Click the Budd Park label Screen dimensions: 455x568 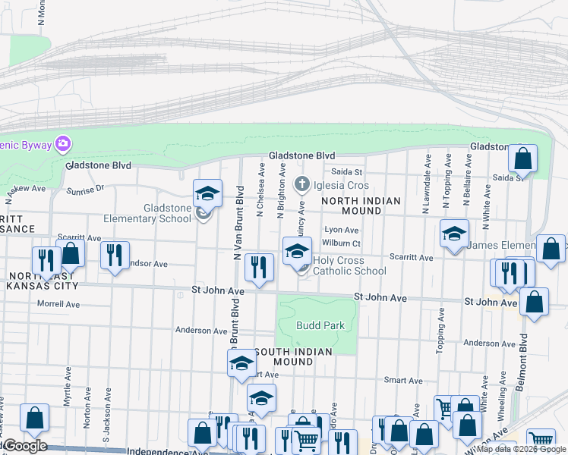tap(321, 325)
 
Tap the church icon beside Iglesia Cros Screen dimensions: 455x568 tap(301, 184)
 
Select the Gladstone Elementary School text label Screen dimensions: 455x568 tap(167, 213)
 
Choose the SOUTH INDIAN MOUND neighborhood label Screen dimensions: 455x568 tap(293, 356)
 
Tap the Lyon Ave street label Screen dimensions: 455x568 tap(341, 230)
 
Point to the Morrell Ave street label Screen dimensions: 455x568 tap(58, 304)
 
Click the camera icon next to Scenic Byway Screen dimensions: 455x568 tap(63, 143)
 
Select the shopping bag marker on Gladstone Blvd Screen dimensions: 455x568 tap(522, 159)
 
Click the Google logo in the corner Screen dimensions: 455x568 tap(24, 445)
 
